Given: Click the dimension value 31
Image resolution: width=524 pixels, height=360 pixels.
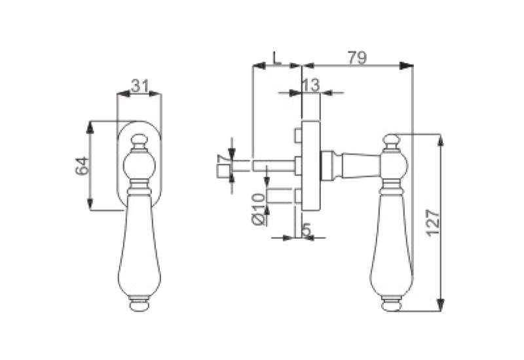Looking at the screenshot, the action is click(140, 86).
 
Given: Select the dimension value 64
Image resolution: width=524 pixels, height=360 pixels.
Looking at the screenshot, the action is click(83, 166).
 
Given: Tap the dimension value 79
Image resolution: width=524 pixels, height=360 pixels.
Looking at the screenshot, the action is click(358, 58).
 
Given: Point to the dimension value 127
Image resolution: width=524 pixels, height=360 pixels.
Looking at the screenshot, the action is click(434, 223).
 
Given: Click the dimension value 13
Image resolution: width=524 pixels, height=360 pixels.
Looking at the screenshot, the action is click(310, 85).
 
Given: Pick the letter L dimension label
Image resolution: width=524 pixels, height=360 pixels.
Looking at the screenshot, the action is click(276, 58).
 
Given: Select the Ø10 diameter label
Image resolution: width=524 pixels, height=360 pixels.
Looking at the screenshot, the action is click(259, 209).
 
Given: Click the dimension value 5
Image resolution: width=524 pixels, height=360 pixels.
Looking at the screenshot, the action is click(307, 230).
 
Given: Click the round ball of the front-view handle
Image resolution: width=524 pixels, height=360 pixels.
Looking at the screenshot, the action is click(140, 166).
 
